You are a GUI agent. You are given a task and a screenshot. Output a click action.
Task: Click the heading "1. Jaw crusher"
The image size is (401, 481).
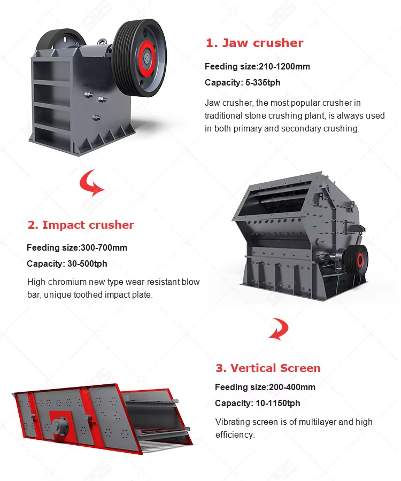(x=255, y=43)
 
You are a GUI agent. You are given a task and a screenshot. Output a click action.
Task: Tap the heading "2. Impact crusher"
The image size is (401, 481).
(x=81, y=225)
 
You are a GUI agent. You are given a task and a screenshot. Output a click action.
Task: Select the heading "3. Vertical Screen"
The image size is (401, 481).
(x=268, y=368)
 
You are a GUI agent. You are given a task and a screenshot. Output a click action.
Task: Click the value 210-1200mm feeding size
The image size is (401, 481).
(x=284, y=67)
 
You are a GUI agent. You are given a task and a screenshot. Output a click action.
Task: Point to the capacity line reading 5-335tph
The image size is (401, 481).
(x=242, y=83)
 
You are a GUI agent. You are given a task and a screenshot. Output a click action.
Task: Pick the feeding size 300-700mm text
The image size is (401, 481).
(x=104, y=248)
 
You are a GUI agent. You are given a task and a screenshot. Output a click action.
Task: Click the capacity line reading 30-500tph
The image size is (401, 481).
(x=67, y=264)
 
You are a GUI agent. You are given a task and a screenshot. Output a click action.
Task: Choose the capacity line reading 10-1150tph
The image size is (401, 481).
(x=257, y=404)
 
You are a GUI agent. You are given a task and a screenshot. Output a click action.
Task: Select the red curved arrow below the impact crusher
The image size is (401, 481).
(x=279, y=328)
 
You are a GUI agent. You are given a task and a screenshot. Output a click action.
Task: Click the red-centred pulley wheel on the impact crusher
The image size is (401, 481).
(x=359, y=260)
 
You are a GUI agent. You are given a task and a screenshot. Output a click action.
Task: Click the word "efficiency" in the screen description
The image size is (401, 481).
(x=234, y=435)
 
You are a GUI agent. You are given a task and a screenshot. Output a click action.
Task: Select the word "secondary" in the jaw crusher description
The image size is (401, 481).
(x=291, y=129)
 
